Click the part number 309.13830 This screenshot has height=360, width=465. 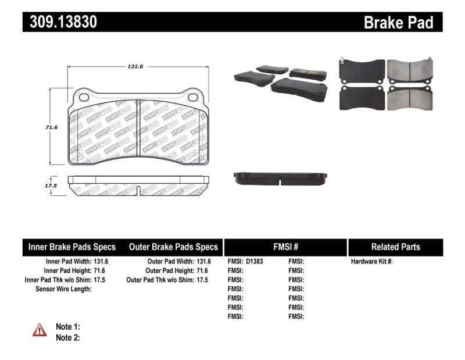tap(60, 22)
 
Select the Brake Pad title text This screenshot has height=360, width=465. tap(398, 22)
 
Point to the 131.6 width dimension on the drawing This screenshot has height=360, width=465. tap(135, 67)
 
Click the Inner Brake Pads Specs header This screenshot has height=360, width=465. tap(72, 247)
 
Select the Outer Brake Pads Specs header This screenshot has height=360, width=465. tap(173, 247)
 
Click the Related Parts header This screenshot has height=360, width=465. tap(395, 247)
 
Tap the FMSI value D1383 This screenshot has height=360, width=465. tap(255, 262)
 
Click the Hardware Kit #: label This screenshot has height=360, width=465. tap(371, 262)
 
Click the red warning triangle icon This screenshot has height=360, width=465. tap(39, 330)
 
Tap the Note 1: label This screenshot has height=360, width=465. tap(67, 327)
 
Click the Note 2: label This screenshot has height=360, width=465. tap(67, 337)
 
